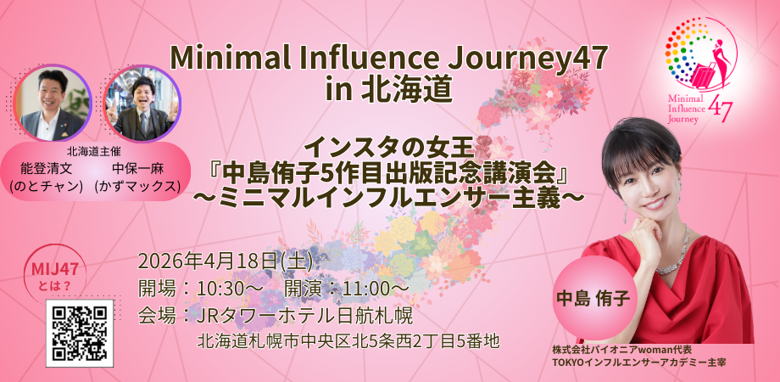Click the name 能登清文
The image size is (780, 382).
(53, 169)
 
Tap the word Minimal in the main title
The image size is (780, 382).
(224, 59)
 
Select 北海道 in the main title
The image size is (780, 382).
(411, 88)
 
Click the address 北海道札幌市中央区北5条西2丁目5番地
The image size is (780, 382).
(348, 341)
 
